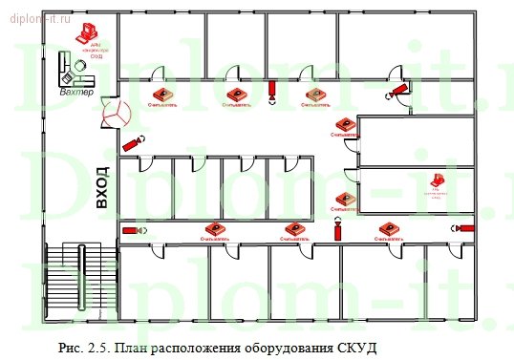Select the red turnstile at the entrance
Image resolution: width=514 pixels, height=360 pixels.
tap(114, 112)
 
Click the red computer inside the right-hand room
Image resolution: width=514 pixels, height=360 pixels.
tap(437, 180)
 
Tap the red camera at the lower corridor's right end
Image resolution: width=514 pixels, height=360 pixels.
tap(464, 228)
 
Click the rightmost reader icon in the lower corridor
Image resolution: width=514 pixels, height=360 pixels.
tap(388, 228)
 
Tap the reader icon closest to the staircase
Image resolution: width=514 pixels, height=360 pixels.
tap(214, 229)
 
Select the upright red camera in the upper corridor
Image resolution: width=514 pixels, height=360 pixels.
tap(272, 92)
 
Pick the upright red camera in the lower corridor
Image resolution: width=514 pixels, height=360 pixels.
tap(337, 231)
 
